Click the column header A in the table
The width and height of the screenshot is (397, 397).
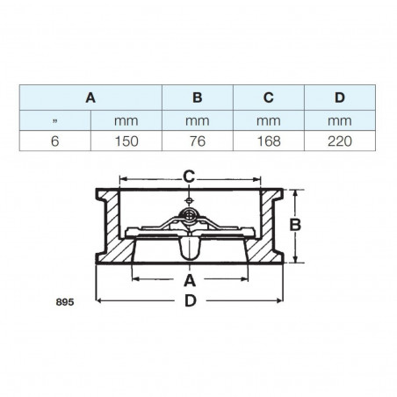point(91,99)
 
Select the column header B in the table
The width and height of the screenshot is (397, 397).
point(197,99)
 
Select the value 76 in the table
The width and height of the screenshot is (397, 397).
point(197,139)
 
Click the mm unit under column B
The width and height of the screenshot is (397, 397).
point(197,119)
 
